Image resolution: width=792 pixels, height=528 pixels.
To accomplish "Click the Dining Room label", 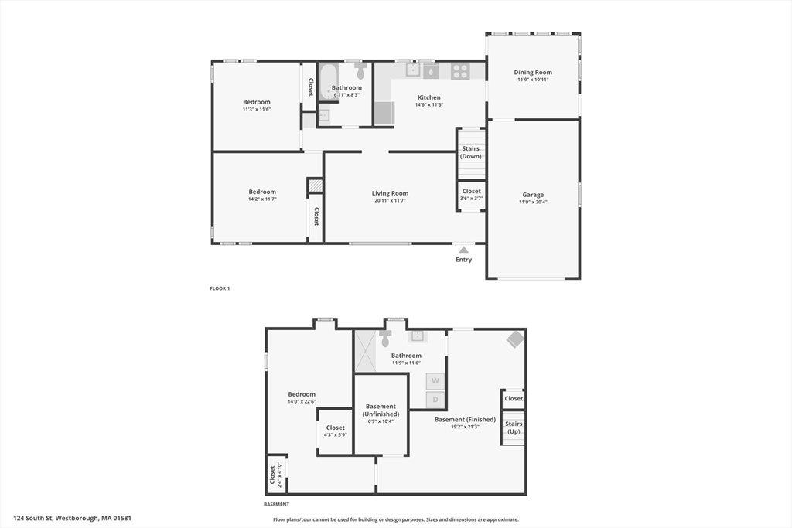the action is (x=533, y=72).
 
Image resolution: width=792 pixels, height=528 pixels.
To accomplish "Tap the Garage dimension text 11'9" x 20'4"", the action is (x=533, y=202).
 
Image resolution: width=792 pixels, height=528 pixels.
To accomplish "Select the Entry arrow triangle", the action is (x=464, y=250).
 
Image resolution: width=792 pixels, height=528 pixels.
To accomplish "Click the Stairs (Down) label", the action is (x=471, y=152).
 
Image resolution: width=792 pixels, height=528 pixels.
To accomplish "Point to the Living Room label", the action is (x=390, y=192).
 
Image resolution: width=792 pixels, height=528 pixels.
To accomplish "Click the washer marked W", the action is (x=435, y=381).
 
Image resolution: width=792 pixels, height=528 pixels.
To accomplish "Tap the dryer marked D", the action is (x=435, y=400).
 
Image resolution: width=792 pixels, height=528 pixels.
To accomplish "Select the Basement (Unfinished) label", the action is (x=381, y=410).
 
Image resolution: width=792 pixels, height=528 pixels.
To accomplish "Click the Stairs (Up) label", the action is (x=514, y=428).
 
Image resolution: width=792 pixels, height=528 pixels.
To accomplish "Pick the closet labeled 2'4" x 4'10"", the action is (x=276, y=475).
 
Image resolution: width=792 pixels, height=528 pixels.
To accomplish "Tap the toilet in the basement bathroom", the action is (x=385, y=338).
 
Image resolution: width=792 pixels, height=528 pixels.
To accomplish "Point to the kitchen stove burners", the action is (x=460, y=71).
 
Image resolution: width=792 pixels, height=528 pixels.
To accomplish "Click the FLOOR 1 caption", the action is (x=220, y=288).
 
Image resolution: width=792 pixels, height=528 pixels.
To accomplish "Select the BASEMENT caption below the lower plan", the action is (x=276, y=504).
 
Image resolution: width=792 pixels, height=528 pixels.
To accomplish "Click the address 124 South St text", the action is (x=72, y=518).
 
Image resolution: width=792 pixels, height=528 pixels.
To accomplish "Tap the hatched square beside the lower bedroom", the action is (x=316, y=186).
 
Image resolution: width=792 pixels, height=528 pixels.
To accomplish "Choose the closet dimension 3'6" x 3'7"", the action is (x=471, y=199).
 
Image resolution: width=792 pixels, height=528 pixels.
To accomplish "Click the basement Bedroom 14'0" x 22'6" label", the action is (x=302, y=398).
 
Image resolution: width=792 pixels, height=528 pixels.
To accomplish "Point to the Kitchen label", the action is (x=428, y=97).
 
